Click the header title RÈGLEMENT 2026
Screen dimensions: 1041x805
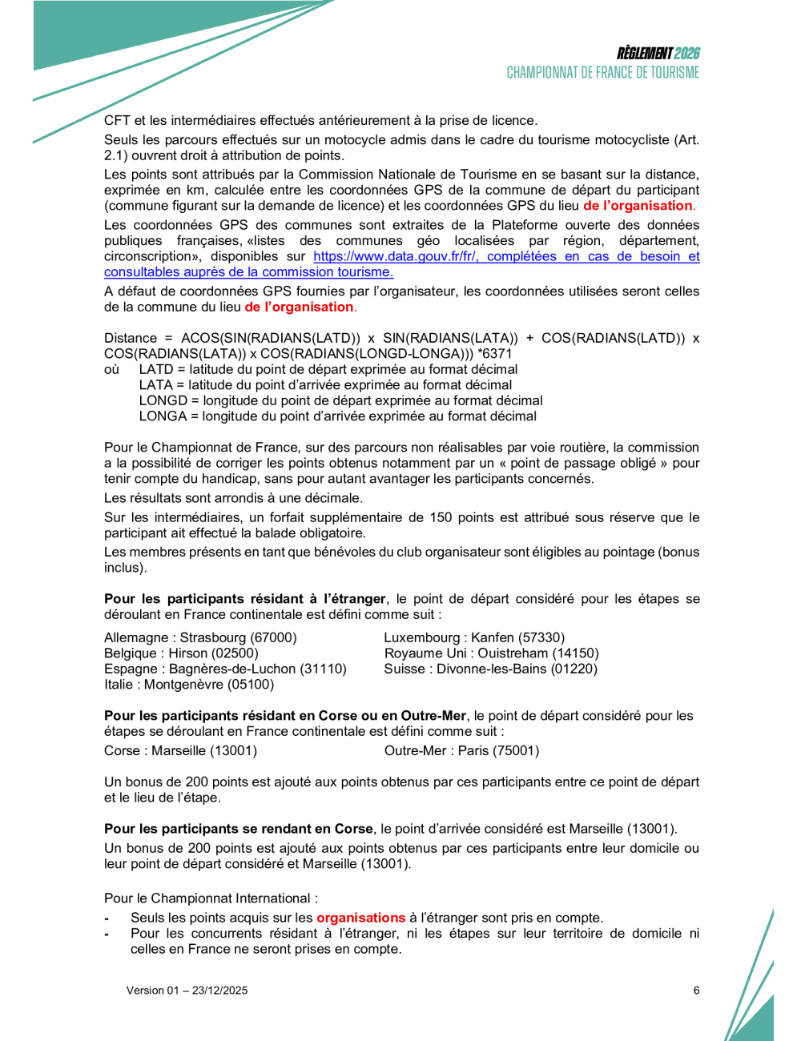coord(658,54)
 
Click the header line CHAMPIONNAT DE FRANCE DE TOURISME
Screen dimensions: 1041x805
coord(602,73)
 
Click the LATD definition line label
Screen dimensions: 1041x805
coord(155,370)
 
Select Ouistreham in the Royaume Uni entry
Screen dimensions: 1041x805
coord(513,653)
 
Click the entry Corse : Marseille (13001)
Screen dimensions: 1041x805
coord(180,751)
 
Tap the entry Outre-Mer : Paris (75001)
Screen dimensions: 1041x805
coord(461,751)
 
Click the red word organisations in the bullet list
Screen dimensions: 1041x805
coord(360,918)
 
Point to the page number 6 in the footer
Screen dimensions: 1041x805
coord(696,991)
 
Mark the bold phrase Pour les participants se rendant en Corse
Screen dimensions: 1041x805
coord(239,830)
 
